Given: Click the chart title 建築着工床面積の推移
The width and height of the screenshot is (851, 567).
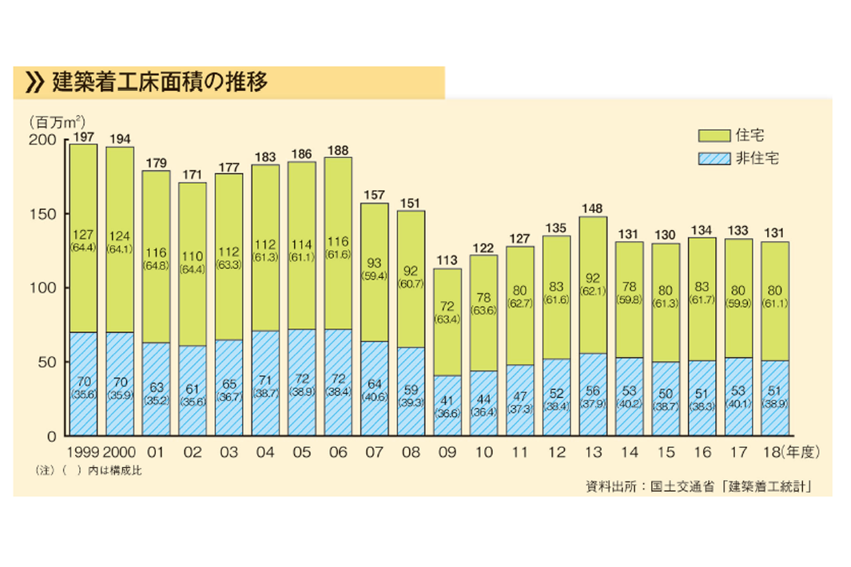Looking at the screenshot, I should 159,81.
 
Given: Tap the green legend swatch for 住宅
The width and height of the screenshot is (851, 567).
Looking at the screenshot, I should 714,135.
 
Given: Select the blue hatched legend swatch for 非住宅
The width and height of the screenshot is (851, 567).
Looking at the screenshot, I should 714,158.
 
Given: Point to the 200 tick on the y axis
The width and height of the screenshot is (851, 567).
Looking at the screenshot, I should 44,141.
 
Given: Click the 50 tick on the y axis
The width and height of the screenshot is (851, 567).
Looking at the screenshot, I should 47,363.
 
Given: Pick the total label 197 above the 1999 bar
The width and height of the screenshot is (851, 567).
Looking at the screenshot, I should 83,137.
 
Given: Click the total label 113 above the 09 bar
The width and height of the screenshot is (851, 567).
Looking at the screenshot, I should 447,261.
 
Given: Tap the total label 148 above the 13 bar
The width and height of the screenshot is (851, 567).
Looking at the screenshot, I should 594,209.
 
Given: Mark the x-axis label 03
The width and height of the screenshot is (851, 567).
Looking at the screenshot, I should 229,453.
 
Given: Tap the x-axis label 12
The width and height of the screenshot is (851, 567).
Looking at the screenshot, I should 557,453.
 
